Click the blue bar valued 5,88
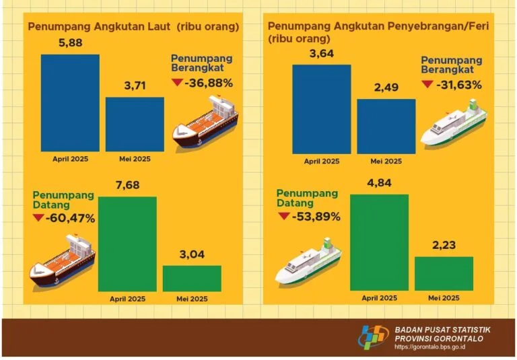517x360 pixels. (70, 104)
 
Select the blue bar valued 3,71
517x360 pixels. (135, 125)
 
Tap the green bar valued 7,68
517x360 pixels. (127, 244)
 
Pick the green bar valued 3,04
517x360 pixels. (192, 278)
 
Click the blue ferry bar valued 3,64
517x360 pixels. (321, 109)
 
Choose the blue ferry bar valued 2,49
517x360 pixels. (386, 127)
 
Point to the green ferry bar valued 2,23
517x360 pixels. (444, 273)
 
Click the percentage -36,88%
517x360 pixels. (211, 83)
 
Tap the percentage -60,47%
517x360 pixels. (71, 218)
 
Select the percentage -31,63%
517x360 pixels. (460, 85)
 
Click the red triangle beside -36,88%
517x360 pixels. (178, 83)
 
